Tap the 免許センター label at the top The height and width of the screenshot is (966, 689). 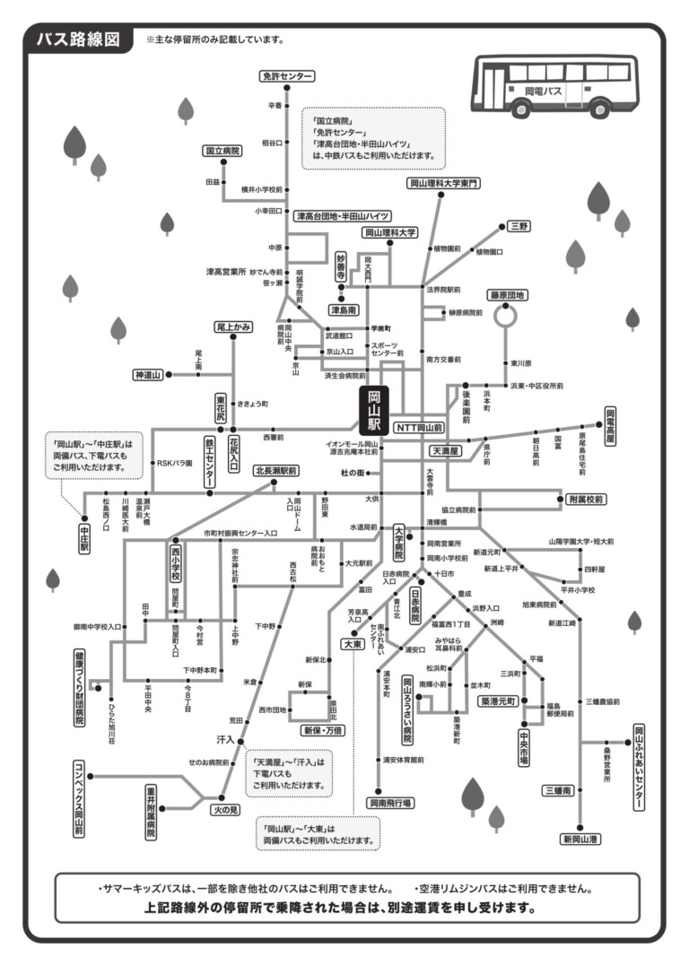tap(287, 76)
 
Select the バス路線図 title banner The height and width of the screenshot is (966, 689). tap(78, 40)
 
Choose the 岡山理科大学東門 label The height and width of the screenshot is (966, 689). tap(444, 183)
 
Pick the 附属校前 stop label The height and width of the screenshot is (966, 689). tap(586, 499)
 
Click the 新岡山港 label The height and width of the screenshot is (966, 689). tap(580, 839)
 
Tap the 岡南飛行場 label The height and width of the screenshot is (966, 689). tap(390, 804)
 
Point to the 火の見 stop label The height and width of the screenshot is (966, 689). tap(226, 809)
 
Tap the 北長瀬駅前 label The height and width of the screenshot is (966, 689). tap(276, 470)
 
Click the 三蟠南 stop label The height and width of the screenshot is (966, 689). tap(556, 790)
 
